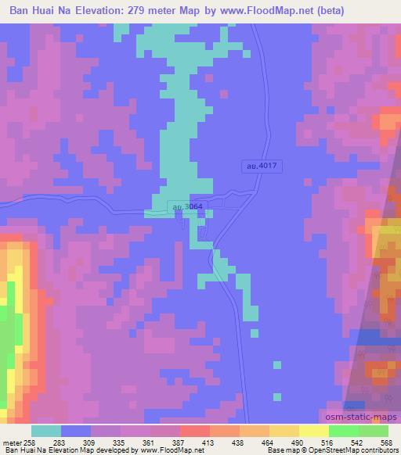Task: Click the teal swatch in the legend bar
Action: tap(46, 431)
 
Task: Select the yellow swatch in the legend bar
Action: tap(313, 431)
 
